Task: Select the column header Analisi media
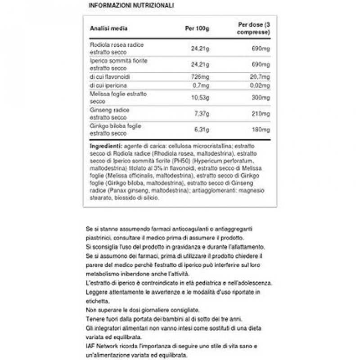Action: click(109, 28)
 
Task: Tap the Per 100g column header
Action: click(198, 28)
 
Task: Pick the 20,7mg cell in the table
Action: click(260, 77)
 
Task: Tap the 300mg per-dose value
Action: click(261, 98)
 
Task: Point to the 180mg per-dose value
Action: click(261, 130)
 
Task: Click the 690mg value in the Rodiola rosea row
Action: click(261, 49)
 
